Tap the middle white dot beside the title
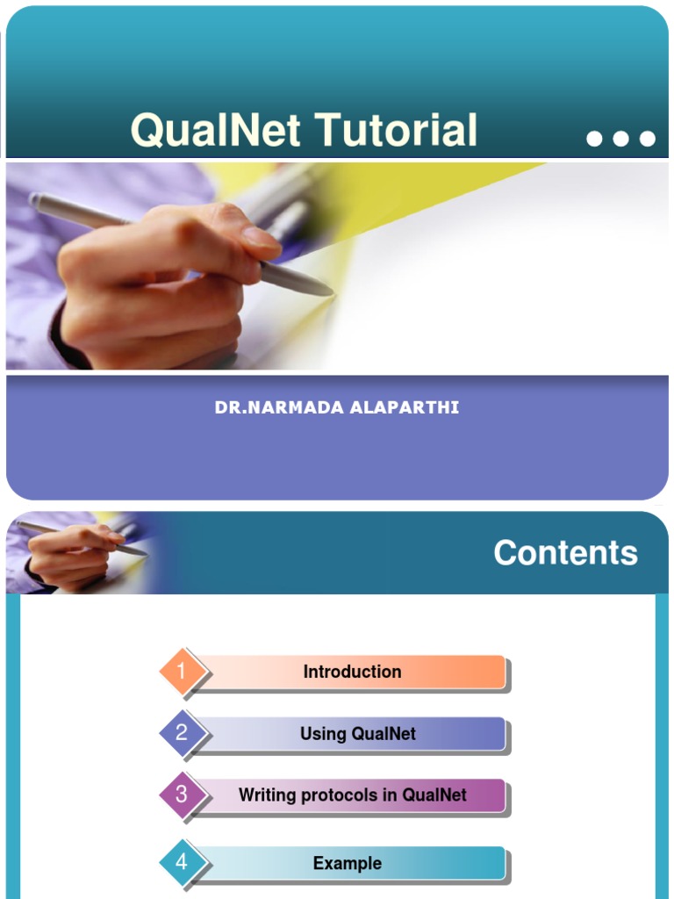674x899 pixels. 620,139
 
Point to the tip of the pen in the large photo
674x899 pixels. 333,293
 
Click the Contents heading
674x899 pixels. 565,553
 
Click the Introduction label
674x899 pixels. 352,672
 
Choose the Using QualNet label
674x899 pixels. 358,734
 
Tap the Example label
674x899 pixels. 348,864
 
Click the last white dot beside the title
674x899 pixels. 648,139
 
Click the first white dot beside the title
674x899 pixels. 594,139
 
